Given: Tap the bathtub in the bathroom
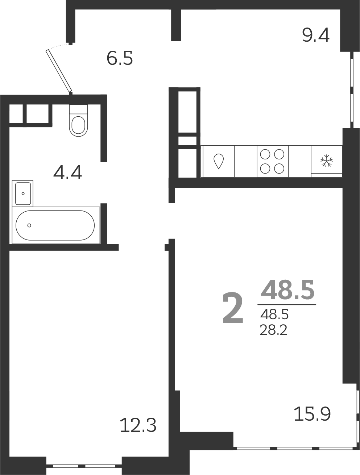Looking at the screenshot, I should coord(55,225).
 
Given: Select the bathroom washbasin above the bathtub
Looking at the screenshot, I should coord(23,193).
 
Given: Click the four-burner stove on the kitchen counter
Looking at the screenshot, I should coord(272,161).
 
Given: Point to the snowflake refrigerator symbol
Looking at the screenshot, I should coord(326,161).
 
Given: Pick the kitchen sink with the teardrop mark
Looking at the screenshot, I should coord(218,161).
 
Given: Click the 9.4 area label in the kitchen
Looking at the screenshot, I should coord(316,36).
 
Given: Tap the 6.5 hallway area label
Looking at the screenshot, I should coord(120,58).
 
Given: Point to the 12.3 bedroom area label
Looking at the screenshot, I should coord(138,425).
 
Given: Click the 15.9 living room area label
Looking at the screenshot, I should coord(312,414).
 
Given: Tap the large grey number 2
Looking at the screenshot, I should coord(232,308).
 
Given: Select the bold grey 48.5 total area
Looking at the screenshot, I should coord(287,290).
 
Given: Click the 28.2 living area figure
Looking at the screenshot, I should coord(274,330).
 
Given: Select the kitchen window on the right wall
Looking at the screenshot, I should coord(352,89).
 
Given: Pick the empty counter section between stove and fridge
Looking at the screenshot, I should coord(299,161).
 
